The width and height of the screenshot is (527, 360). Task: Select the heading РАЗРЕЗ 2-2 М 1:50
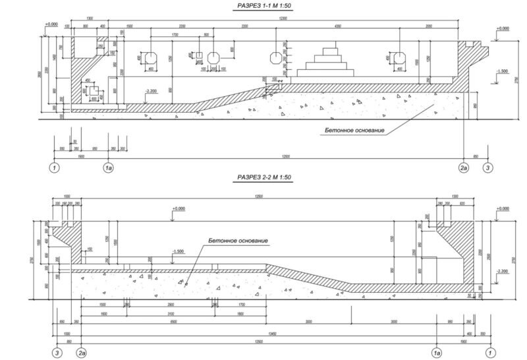point(263,178)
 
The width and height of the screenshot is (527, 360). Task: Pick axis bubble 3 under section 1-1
point(487,169)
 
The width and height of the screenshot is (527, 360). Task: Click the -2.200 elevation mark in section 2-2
point(503,271)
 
